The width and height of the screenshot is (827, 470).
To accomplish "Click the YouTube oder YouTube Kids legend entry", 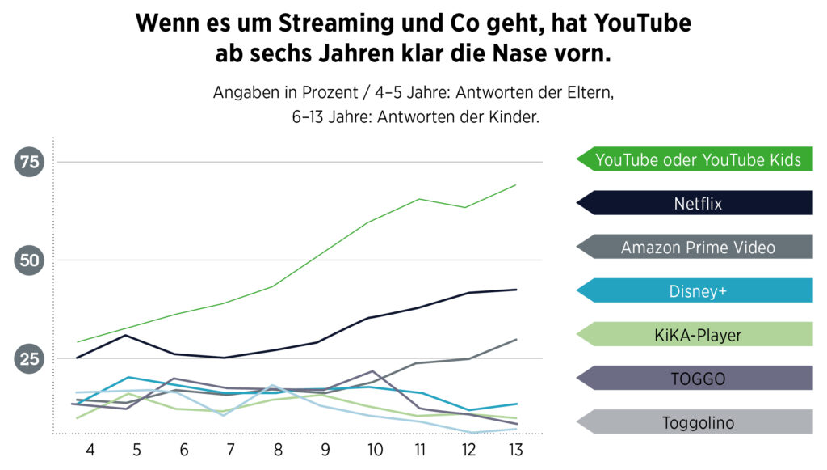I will pos(698,159).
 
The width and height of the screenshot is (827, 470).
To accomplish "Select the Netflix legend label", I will pos(698,203).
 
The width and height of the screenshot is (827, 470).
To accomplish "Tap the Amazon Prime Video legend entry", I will pos(698,247).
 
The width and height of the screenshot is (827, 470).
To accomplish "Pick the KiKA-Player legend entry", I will pos(698,334).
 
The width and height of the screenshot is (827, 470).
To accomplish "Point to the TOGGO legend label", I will pos(698,378).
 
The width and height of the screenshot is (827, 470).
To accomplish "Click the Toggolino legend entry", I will pos(698,421).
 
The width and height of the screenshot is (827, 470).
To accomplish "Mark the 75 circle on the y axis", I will pos(30,163).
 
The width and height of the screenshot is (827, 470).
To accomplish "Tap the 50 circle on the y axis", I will pos(30,260).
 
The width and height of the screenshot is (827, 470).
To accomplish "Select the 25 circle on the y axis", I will pos(30,358).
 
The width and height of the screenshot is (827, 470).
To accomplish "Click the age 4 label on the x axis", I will pos(90,449).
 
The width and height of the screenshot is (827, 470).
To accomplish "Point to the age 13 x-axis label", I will pos(515,449).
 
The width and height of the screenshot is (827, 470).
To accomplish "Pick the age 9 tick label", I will pos(326,449).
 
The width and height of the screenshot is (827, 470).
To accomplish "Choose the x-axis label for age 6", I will pos(184,449).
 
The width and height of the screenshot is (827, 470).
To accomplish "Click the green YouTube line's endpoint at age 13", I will pos(516,185).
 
